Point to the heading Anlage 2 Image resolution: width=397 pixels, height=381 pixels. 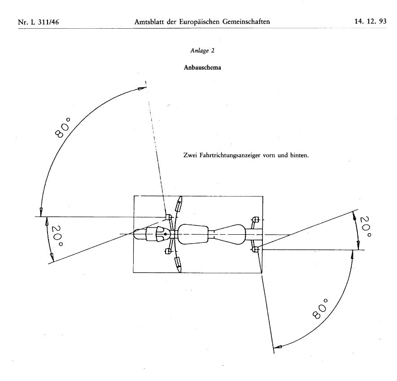coord(199,51)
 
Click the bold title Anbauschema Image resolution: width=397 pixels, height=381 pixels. coord(199,68)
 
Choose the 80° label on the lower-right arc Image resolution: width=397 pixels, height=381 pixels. coord(320,309)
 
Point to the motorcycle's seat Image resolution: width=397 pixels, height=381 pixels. coord(232,234)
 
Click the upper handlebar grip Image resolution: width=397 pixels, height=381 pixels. coord(179,206)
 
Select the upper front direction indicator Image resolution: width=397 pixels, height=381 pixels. coord(169,218)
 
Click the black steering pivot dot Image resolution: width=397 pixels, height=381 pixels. coord(166,234)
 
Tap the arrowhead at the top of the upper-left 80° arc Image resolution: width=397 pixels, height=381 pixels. coord(142,89)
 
